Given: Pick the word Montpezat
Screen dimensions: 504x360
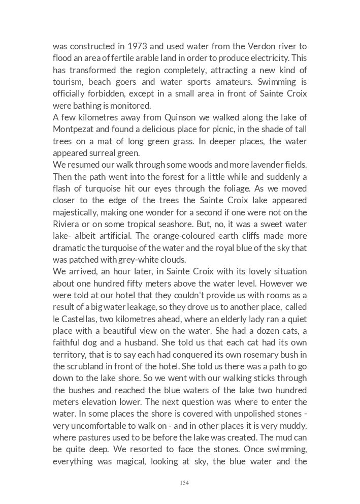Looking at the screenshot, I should click(74, 129).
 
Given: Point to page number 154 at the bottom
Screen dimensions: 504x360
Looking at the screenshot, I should click(184, 483).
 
